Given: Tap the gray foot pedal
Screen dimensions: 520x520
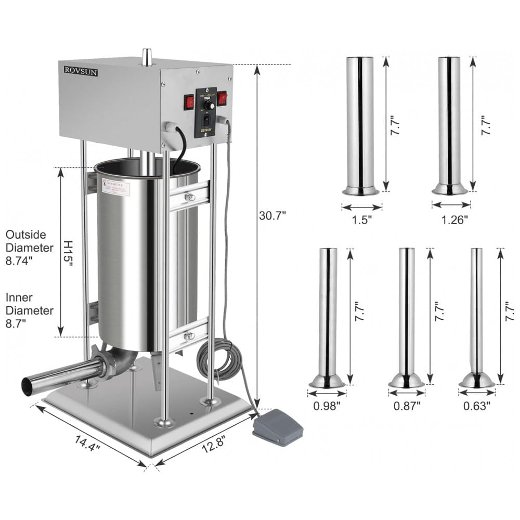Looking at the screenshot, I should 277,427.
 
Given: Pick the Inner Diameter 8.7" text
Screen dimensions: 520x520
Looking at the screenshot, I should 30,310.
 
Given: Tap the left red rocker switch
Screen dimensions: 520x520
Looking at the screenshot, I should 189,102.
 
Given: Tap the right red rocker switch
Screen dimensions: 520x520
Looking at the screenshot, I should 222,98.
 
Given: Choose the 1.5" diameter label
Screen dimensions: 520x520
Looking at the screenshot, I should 361,219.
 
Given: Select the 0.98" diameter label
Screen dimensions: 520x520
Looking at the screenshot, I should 327,406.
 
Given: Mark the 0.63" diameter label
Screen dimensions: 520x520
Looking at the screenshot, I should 477,406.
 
